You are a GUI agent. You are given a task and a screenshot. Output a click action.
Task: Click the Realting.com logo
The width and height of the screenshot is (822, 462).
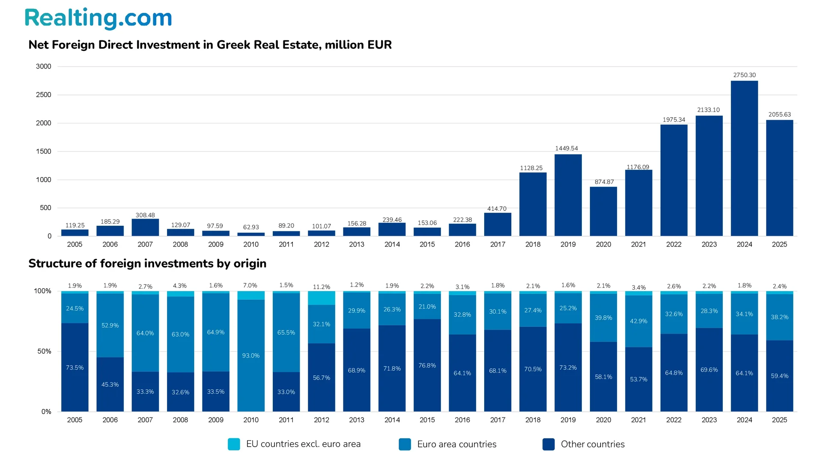click(98, 18)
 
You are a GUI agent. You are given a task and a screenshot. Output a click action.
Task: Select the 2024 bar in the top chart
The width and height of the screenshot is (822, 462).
click(744, 158)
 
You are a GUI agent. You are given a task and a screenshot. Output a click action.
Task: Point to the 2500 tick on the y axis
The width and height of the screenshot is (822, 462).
click(43, 95)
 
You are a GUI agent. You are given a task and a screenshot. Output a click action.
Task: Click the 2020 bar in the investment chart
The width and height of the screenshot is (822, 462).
click(603, 211)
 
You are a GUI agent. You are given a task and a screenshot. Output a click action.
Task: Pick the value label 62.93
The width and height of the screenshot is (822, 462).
click(251, 227)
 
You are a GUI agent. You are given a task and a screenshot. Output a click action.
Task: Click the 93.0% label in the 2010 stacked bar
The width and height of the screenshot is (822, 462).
click(251, 355)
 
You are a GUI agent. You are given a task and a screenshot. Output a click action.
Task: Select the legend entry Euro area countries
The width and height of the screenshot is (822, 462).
click(456, 444)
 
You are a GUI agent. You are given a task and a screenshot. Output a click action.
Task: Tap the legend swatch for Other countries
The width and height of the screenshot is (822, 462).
click(548, 444)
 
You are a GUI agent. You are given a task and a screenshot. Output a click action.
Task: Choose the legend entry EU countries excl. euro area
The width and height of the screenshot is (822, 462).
click(303, 444)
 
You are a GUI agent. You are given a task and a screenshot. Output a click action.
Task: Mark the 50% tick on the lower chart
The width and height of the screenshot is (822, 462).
click(44, 351)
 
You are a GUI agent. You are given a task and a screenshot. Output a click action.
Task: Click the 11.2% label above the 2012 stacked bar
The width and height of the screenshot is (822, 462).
click(322, 287)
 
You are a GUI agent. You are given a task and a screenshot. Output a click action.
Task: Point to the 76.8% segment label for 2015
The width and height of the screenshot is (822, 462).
click(427, 365)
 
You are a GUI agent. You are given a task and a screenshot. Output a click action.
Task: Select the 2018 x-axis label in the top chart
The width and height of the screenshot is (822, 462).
click(533, 244)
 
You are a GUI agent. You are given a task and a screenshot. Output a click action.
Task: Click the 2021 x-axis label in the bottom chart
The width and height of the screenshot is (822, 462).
click(638, 420)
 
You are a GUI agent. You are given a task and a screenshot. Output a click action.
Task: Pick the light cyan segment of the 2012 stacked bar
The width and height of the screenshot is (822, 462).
click(322, 298)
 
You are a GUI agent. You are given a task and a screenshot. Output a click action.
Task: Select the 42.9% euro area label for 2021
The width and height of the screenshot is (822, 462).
click(638, 321)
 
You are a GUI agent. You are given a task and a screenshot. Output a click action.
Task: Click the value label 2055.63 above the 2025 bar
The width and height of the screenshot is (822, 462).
click(779, 115)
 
